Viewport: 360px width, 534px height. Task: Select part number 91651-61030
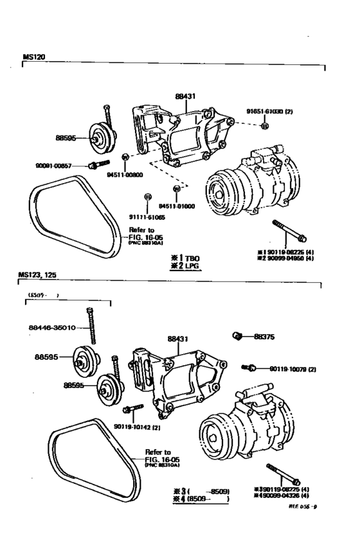(x=269, y=111)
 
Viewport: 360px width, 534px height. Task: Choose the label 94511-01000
(x=176, y=207)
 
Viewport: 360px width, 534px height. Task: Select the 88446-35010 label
(x=52, y=327)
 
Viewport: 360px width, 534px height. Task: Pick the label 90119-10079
(x=292, y=369)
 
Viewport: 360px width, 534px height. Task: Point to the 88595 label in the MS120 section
(x=66, y=138)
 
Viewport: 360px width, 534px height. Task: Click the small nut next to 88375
(x=237, y=335)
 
